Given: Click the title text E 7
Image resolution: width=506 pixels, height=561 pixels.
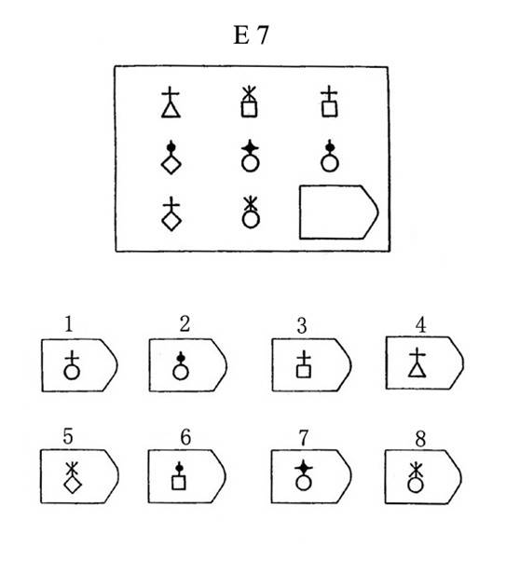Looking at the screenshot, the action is [x=251, y=35].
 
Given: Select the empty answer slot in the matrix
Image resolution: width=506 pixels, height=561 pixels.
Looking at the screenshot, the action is [x=300, y=212].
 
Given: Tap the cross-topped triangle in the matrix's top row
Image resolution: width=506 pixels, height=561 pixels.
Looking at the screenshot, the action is [x=171, y=103].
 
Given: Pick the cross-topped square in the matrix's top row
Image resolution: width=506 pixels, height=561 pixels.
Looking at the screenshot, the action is [x=329, y=103].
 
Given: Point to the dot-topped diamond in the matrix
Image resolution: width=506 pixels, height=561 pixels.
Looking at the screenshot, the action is [x=171, y=157].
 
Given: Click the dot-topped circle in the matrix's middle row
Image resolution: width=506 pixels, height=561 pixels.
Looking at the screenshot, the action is [x=330, y=157].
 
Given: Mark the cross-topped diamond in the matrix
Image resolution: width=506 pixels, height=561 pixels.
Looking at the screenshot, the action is [x=171, y=213].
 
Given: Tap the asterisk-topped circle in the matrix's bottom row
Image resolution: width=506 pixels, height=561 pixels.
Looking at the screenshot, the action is [x=251, y=212].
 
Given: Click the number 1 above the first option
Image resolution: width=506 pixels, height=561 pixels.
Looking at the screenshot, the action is [x=69, y=323].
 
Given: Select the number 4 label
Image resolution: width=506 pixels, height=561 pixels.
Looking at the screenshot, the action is [x=420, y=325].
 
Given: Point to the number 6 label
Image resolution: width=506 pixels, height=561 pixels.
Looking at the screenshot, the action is [x=185, y=437].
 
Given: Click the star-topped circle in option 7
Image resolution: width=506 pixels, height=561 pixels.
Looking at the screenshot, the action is [x=304, y=475].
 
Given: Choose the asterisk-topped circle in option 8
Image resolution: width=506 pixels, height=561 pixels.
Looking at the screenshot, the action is [x=415, y=477].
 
